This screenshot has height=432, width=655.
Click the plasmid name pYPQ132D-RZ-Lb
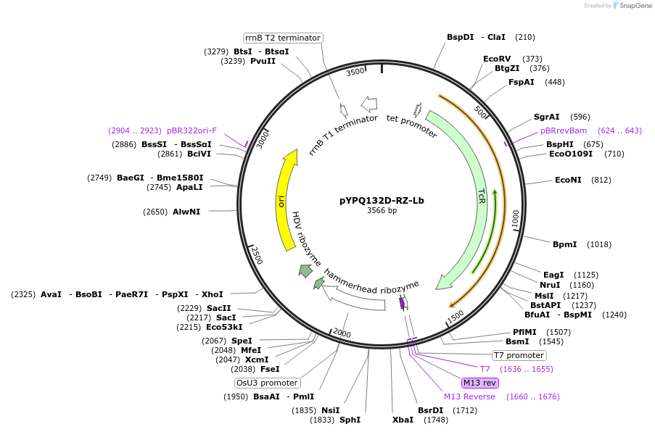click(x=382, y=200)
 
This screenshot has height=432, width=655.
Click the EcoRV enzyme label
click(x=497, y=59)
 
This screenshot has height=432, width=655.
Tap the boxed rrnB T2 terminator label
click(x=282, y=38)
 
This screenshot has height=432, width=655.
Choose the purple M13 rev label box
click(x=480, y=383)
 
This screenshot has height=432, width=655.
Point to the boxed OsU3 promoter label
click(x=267, y=383)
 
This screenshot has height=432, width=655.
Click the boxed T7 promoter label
click(x=519, y=355)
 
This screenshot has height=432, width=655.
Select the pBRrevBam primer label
click(x=564, y=130)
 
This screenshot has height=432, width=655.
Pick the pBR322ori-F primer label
click(x=191, y=130)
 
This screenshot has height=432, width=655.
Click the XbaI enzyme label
click(x=403, y=420)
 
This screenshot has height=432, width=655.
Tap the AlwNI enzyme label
click(x=186, y=212)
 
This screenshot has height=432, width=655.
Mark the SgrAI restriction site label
click(x=546, y=116)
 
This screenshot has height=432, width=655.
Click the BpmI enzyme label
click(x=564, y=244)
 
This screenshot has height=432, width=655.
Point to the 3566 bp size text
click(x=382, y=211)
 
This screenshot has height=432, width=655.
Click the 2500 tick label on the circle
click(x=256, y=255)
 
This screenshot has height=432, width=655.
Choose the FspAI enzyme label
click(x=521, y=82)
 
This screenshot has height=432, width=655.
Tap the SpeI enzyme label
click(x=242, y=341)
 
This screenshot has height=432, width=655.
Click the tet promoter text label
click(x=411, y=125)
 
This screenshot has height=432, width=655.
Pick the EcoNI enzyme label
click(x=568, y=180)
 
